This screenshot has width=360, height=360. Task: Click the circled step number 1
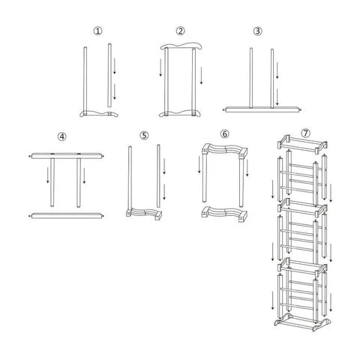point(97,31)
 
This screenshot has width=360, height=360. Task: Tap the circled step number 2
point(181,31)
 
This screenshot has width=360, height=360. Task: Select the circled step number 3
point(257,31)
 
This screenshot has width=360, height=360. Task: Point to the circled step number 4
point(62,136)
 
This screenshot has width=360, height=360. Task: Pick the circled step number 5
point(144,135)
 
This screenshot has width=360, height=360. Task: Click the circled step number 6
point(224,133)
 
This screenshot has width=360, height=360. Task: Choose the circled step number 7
point(305,133)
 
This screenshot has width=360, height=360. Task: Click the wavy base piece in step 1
point(99,114)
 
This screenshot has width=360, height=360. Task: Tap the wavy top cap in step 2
point(181,46)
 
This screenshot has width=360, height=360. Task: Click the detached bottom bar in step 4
point(66,216)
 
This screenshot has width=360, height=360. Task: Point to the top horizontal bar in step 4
point(66,156)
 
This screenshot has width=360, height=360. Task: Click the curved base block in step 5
point(144,213)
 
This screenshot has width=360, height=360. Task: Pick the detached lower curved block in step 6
point(224,214)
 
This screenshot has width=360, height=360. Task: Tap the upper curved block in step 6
point(224,151)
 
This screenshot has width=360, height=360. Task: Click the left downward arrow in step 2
point(160,67)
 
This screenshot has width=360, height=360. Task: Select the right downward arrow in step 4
point(84,175)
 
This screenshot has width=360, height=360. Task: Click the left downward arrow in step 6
point(199,164)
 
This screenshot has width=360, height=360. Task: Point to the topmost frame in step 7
point(302,144)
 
